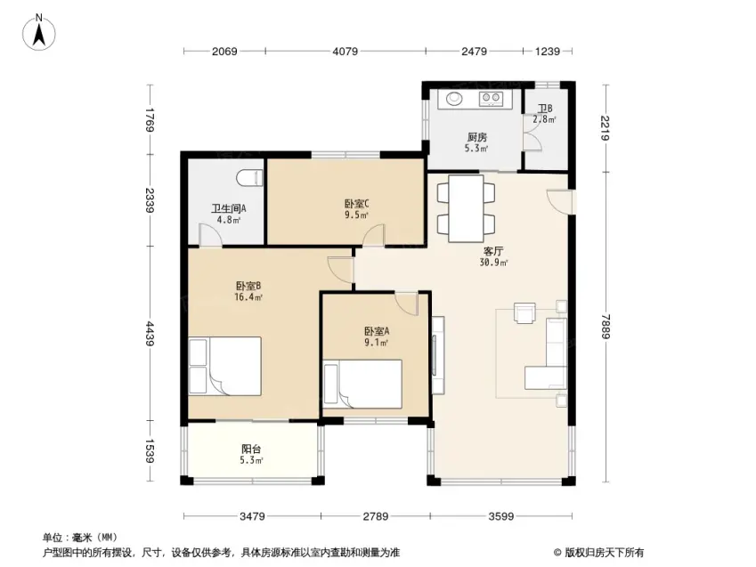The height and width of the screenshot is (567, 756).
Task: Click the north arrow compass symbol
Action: point(38,32)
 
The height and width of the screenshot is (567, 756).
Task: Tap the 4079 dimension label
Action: point(345,51)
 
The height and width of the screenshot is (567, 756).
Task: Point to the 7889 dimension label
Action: point(606,327)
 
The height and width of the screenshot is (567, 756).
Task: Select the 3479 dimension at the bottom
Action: point(252,516)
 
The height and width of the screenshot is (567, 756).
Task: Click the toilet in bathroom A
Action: point(249,178)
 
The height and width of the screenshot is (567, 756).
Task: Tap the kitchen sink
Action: point(454,98)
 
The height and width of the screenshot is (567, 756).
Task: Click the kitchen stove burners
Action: point(491,99)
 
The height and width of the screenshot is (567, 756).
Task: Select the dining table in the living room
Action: point(466,208)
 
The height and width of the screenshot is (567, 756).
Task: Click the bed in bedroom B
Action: point(224,366)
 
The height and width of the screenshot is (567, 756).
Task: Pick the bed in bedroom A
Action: point(362,384)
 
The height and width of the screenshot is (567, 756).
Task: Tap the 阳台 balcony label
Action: point(251,449)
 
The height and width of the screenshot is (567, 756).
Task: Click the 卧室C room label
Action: point(357,204)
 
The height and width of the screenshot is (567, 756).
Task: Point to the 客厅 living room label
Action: point(493,251)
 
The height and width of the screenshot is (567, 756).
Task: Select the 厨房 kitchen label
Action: point(476,137)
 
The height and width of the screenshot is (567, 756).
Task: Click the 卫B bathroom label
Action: point(545,109)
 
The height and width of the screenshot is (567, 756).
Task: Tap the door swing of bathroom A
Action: point(211,235)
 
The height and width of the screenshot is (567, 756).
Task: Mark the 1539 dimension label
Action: point(149,451)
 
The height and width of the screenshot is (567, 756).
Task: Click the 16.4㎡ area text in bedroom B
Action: point(248,297)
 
